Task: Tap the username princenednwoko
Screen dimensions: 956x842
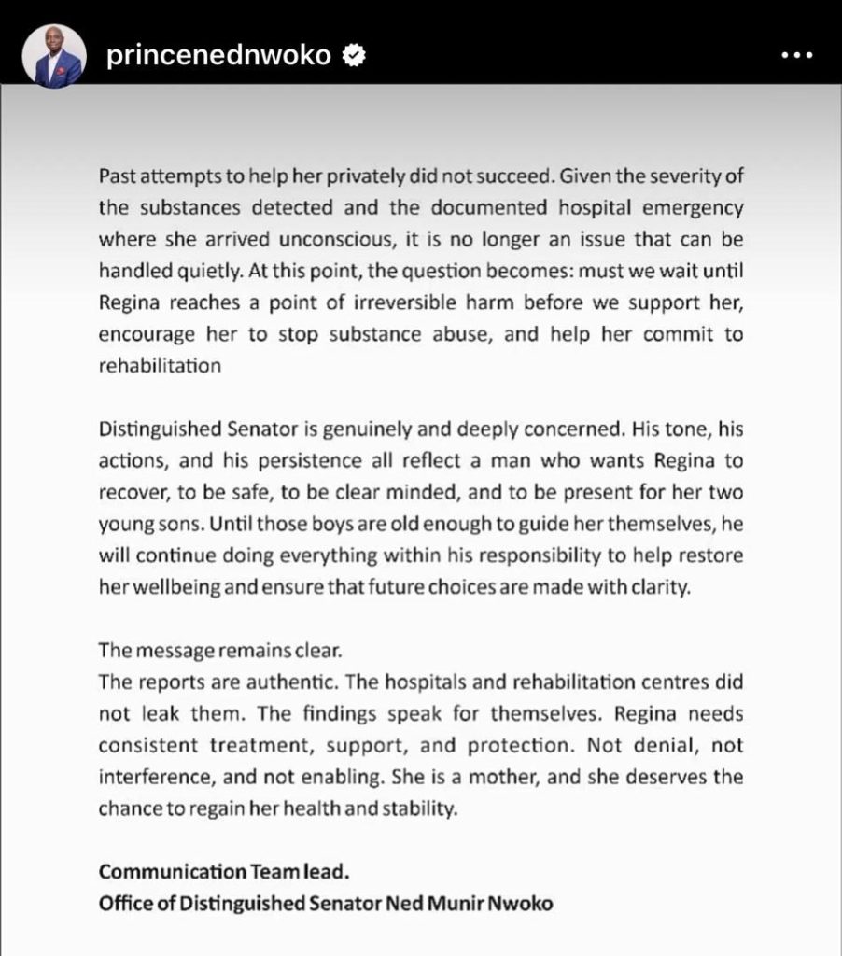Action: [x=218, y=56]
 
